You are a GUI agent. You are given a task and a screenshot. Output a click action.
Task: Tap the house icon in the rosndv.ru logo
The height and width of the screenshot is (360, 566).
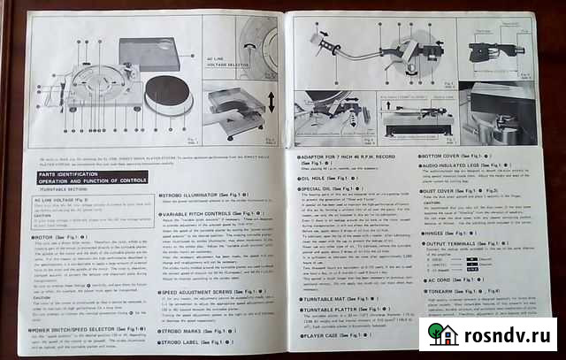tap(443, 333)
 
